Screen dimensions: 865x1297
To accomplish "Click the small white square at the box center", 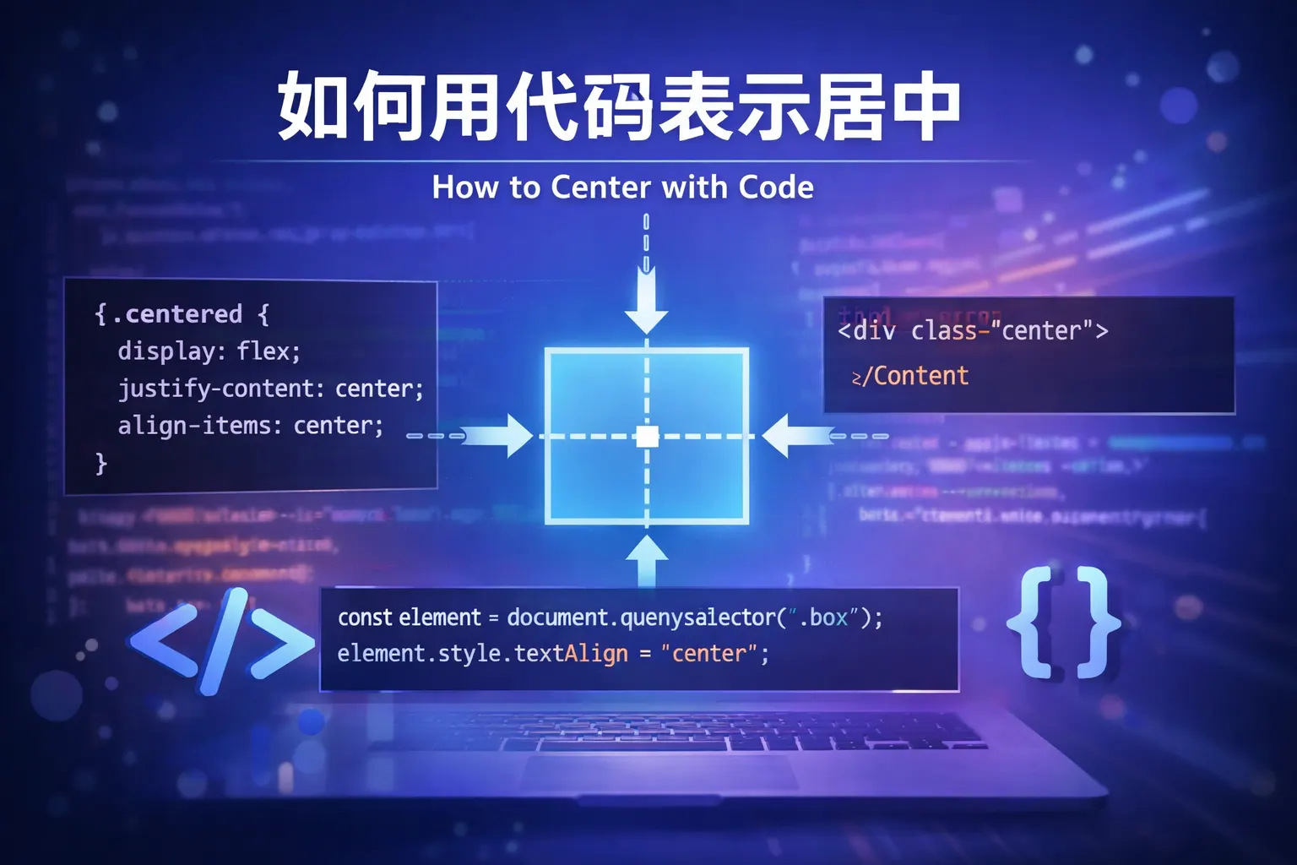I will click(647, 436).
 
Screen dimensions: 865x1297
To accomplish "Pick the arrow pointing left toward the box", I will click(794, 436).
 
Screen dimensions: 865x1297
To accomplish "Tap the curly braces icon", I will click(1064, 623).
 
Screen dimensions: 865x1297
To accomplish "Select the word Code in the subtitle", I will click(776, 187).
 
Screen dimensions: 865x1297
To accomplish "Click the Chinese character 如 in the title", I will click(313, 107).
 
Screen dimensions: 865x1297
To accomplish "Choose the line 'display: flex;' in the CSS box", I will click(209, 351).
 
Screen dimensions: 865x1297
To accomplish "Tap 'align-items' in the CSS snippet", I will click(199, 426).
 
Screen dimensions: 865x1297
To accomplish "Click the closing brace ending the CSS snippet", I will click(101, 463).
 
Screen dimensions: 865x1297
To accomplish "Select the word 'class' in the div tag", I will click(943, 330).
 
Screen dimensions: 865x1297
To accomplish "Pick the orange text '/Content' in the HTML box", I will click(920, 376).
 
